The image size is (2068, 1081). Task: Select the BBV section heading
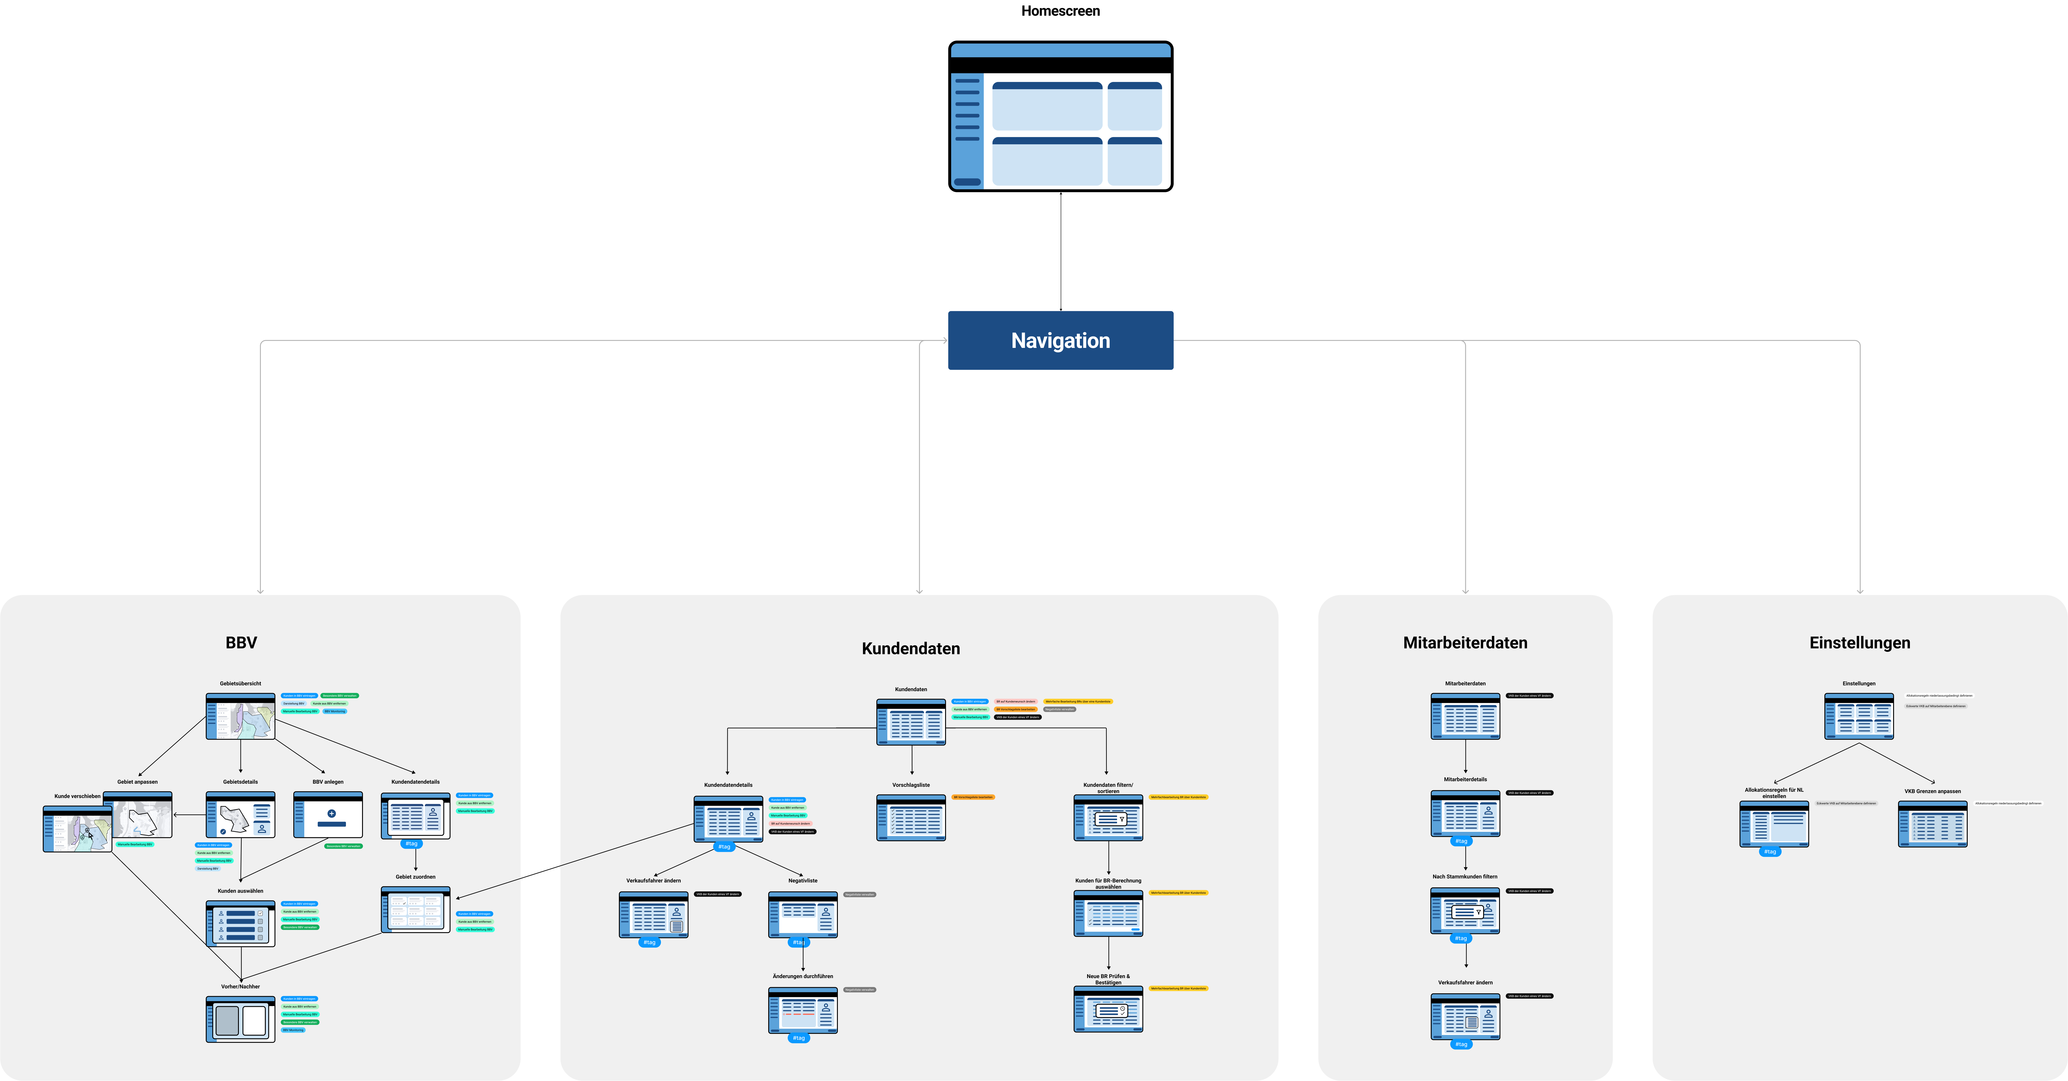click(241, 642)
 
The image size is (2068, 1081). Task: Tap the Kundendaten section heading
click(910, 648)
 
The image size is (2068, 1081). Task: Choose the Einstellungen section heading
click(1859, 642)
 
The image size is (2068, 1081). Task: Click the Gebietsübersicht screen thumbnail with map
click(240, 716)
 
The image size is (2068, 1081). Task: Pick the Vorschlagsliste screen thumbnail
click(910, 818)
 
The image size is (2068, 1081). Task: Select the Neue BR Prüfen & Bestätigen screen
click(1108, 1010)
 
